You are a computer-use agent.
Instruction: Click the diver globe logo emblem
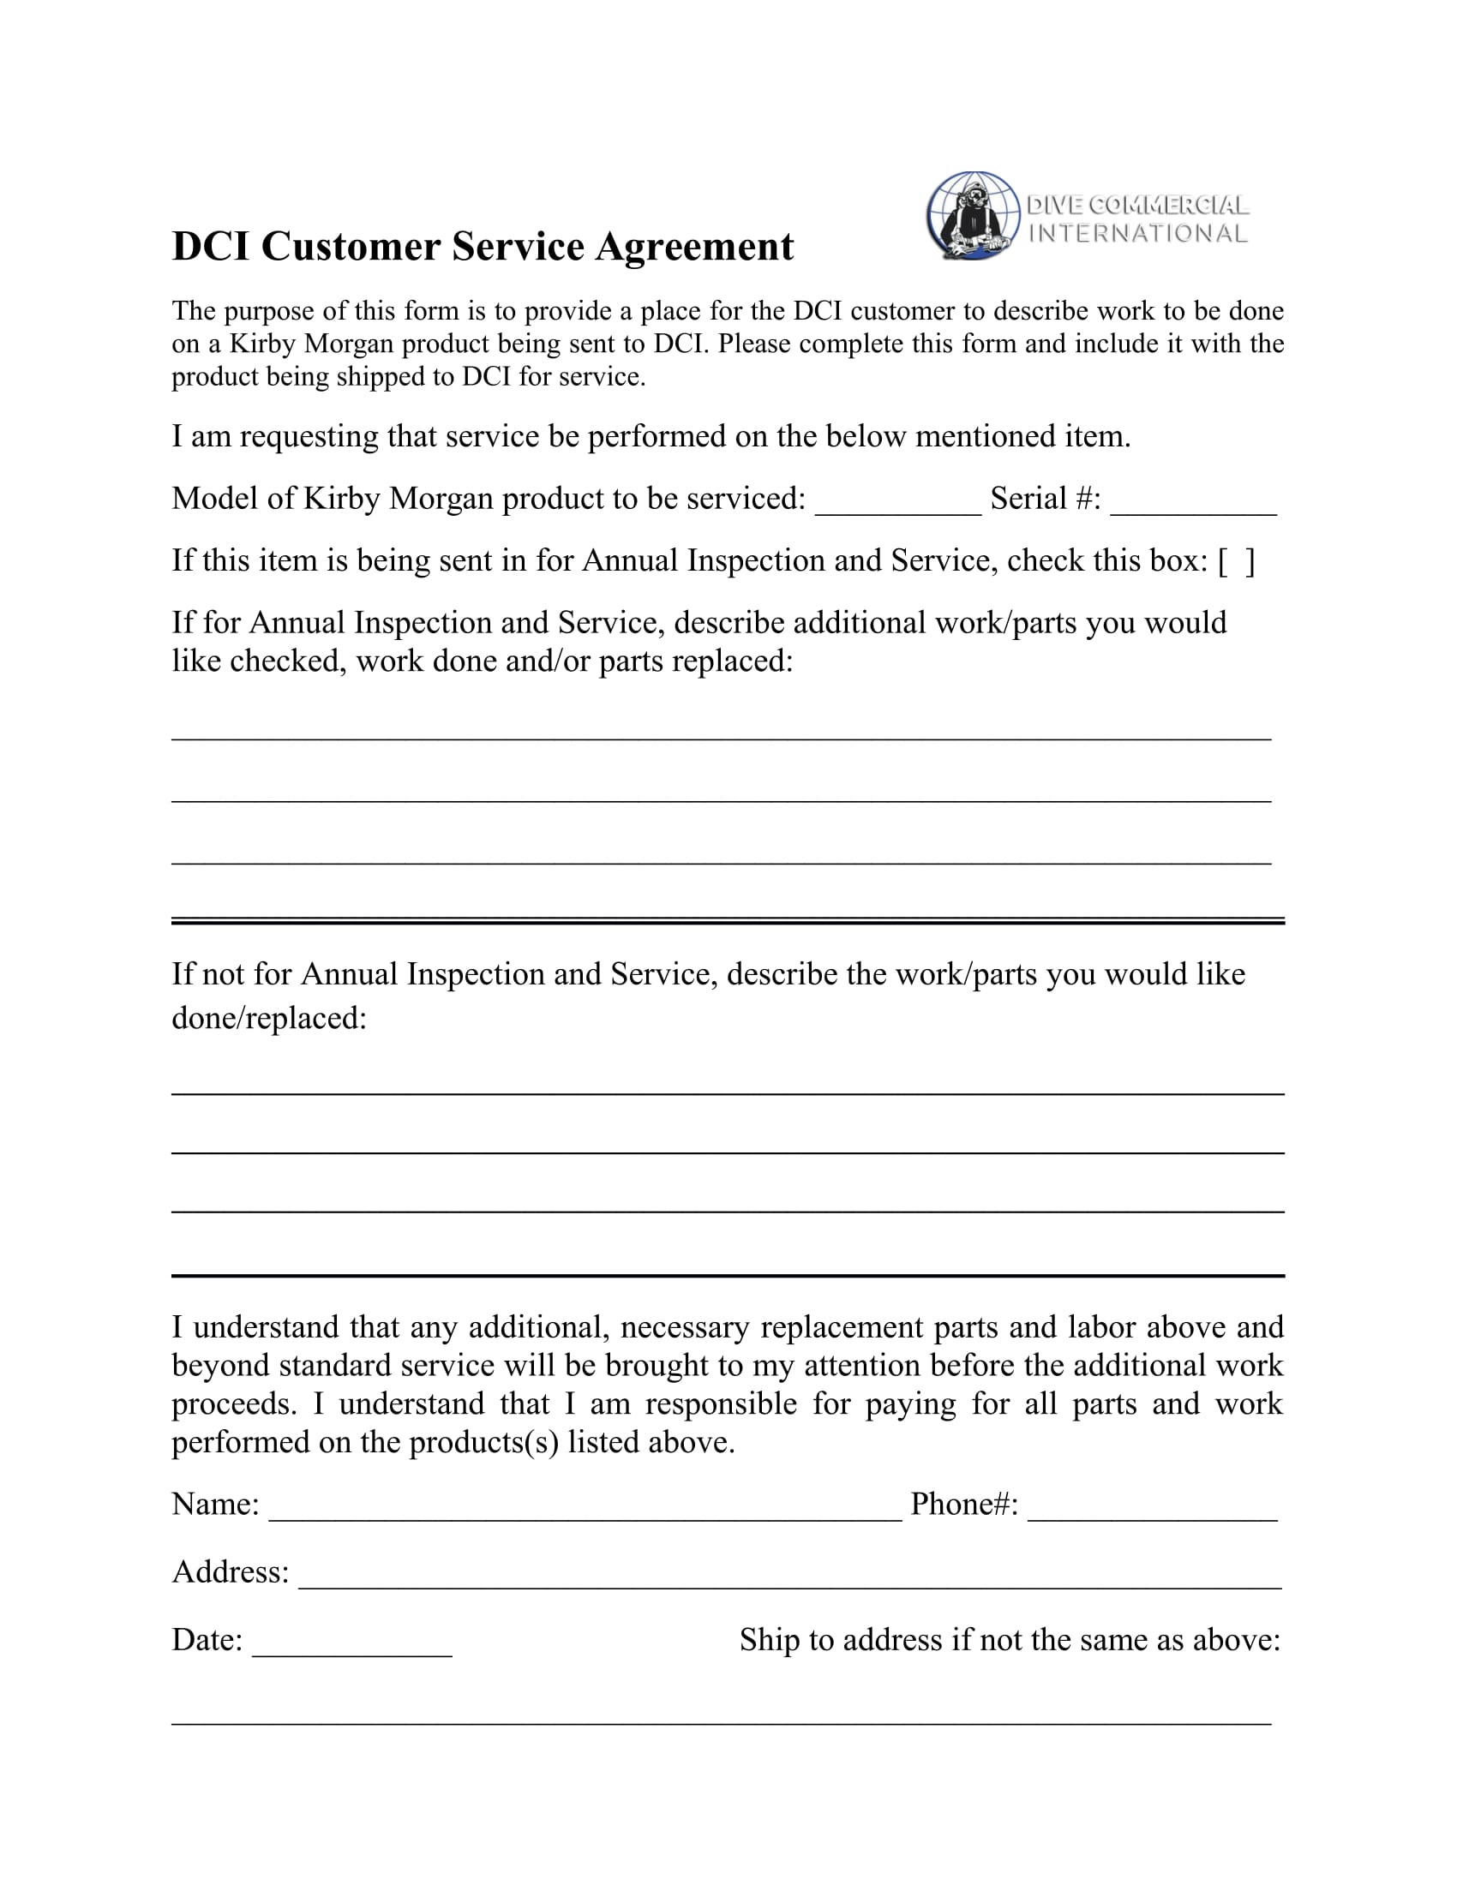pyautogui.click(x=973, y=216)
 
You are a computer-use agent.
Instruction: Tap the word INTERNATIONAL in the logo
pyautogui.click(x=1137, y=234)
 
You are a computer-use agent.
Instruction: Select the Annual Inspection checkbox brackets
pyautogui.click(x=1236, y=562)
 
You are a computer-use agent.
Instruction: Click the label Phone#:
pyautogui.click(x=964, y=1505)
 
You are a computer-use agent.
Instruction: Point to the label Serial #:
pyautogui.click(x=1046, y=499)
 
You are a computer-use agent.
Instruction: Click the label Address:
pyautogui.click(x=231, y=1572)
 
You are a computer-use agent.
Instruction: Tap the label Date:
pyautogui.click(x=207, y=1640)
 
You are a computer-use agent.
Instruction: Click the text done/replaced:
pyautogui.click(x=269, y=1019)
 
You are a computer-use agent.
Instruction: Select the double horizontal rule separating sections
pyautogui.click(x=728, y=921)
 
